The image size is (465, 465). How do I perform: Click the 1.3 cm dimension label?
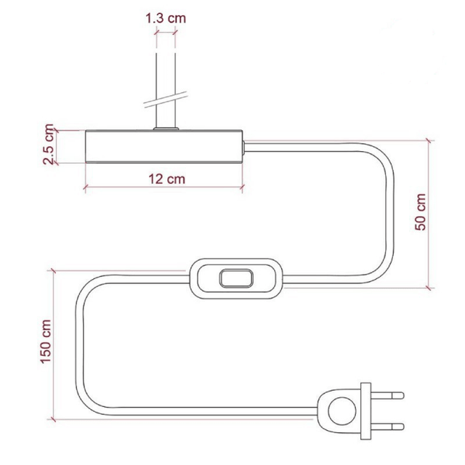click(166, 18)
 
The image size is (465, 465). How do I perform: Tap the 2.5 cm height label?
click(49, 144)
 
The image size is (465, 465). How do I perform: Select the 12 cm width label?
click(166, 179)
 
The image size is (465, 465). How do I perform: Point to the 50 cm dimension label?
click(421, 211)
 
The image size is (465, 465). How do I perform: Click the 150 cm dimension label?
click(46, 341)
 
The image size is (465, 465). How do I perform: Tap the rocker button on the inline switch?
click(236, 278)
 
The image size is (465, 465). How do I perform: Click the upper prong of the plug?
click(387, 395)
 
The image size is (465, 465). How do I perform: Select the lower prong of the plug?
click(387, 426)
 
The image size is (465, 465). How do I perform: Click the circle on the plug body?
click(342, 411)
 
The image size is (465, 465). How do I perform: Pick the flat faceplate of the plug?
click(366, 411)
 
